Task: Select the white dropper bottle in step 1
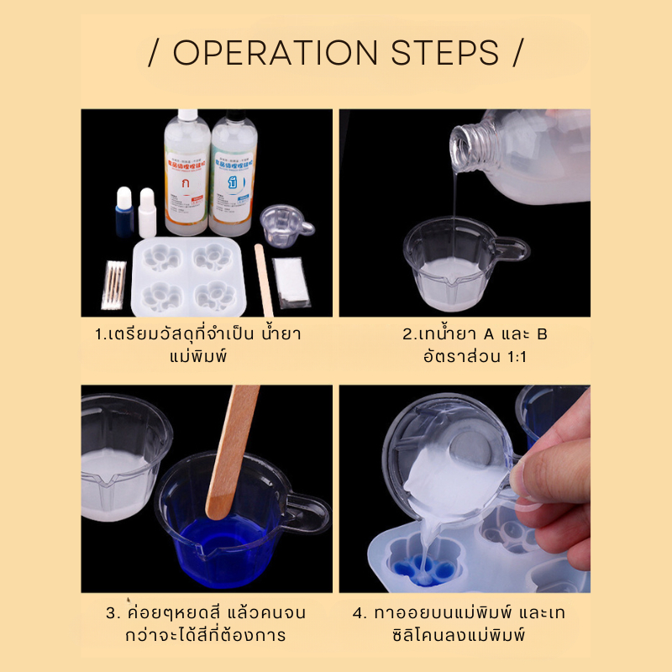(x=148, y=214)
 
